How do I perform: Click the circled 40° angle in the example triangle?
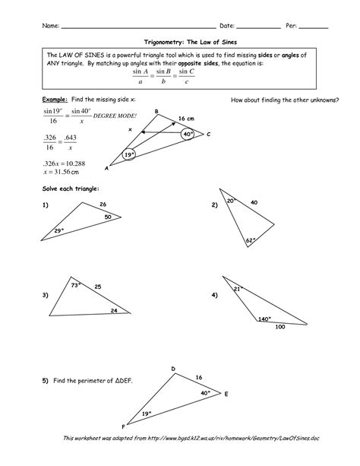[x=189, y=133]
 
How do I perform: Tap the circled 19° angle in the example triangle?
[x=129, y=155]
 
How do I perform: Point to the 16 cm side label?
[x=187, y=118]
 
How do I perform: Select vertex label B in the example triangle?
[x=156, y=113]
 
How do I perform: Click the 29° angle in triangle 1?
[x=60, y=230]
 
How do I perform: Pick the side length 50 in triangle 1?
[x=108, y=217]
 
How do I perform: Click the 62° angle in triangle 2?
[x=251, y=240]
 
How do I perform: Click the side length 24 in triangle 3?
[x=114, y=311]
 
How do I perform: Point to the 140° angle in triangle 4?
[x=264, y=319]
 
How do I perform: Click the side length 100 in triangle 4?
[x=280, y=327]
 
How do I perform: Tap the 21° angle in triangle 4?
[x=237, y=289]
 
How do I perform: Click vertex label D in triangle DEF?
[x=173, y=369]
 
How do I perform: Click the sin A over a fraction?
[x=137, y=78]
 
